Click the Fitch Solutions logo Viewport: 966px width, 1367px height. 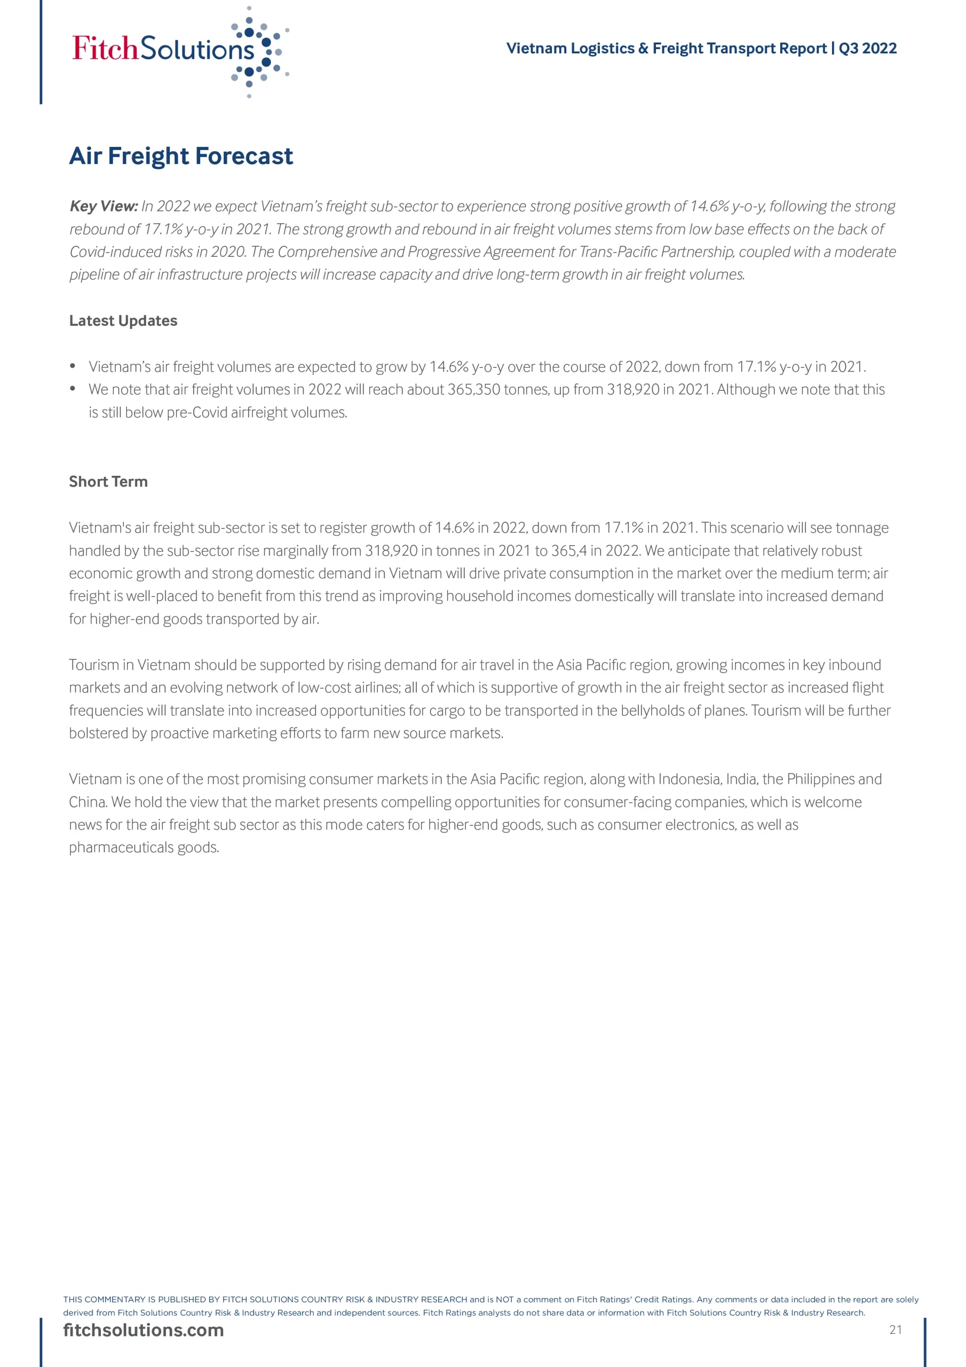click(x=179, y=50)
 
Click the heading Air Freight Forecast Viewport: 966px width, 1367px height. click(x=181, y=156)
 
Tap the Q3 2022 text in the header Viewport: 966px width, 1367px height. click(x=867, y=48)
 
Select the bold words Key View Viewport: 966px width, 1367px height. click(x=104, y=207)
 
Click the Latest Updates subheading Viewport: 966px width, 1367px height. click(x=123, y=321)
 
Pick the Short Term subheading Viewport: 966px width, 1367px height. click(x=108, y=482)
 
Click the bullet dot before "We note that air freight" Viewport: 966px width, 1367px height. click(x=73, y=389)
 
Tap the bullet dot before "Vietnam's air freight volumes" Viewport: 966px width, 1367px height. click(x=73, y=366)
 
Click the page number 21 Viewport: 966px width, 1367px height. click(x=895, y=1330)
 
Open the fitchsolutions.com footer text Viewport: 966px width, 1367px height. click(x=144, y=1330)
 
